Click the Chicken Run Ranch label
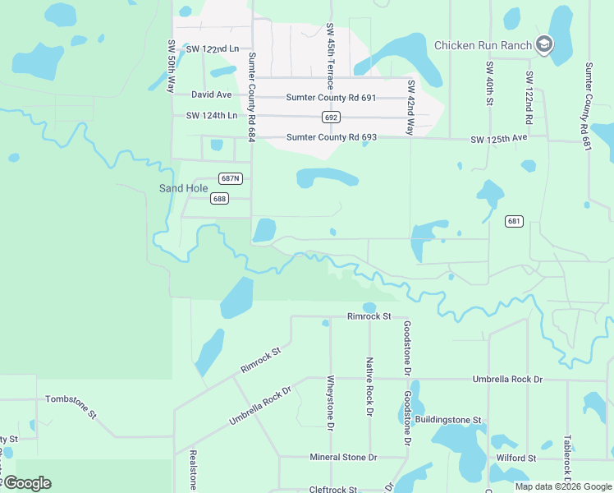[x=483, y=45]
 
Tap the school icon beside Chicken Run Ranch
[x=543, y=44]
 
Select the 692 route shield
[x=331, y=117]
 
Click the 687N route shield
[x=231, y=178]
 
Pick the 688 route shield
[x=218, y=198]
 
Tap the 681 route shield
[x=514, y=221]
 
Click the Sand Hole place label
[x=183, y=188]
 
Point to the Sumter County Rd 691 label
[x=331, y=98]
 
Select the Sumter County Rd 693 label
[x=331, y=137]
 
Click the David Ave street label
[x=212, y=95]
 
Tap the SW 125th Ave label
[x=499, y=138]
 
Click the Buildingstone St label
[x=447, y=420]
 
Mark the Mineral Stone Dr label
[x=343, y=457]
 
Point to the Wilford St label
[x=516, y=458]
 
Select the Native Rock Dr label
[x=370, y=385]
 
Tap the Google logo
[x=27, y=483]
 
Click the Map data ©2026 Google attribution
[x=564, y=486]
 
